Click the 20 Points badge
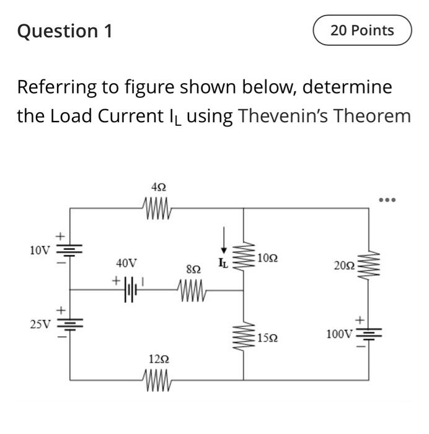pyautogui.click(x=362, y=30)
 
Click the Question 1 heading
pyautogui.click(x=65, y=31)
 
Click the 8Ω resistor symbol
pyautogui.click(x=193, y=287)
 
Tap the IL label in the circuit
pyautogui.click(x=223, y=264)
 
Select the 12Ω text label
pyautogui.click(x=158, y=359)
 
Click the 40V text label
pyautogui.click(x=126, y=263)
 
